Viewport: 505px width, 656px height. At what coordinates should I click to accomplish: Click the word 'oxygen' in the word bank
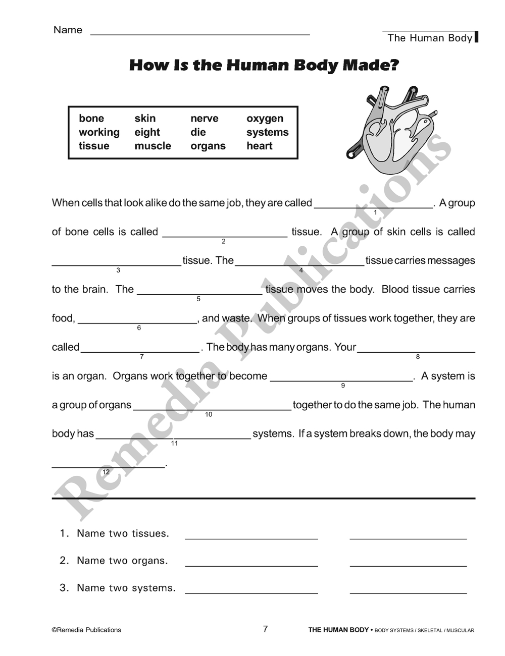265,119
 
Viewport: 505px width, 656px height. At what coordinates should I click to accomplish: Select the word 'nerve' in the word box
204,119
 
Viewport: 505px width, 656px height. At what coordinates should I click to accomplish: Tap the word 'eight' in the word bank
147,132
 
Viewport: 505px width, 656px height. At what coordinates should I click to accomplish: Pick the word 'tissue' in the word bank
94,146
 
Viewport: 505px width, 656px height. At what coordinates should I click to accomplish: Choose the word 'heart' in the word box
259,146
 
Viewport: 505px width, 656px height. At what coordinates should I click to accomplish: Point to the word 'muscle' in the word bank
153,146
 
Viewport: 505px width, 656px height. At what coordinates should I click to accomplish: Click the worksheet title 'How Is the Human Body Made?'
264,65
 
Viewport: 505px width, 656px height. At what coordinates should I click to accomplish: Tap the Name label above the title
68,30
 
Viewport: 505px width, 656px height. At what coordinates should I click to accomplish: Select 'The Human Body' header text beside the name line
430,38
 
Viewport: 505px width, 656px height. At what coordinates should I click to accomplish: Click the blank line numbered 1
373,206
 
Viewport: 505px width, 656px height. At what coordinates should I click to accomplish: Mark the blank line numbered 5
199,293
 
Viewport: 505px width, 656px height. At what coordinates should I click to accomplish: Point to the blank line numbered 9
342,379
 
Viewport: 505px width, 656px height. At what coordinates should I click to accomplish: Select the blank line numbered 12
108,466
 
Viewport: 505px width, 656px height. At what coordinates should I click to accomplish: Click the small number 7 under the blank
142,357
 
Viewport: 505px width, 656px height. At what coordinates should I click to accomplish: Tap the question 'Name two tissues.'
123,533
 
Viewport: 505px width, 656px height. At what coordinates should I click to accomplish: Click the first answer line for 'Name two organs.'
251,565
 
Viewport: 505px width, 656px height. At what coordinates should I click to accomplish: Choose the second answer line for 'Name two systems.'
408,592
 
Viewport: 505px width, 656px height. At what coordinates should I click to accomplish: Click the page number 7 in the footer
265,629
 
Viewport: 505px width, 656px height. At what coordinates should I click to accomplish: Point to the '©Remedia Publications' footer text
86,630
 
